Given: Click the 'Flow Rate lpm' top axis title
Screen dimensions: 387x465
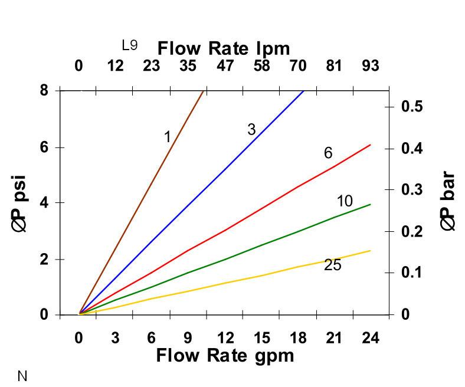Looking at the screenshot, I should click(x=224, y=48).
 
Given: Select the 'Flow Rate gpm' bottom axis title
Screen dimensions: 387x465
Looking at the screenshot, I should click(x=225, y=356).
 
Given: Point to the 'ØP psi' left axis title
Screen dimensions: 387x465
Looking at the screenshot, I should click(x=21, y=203).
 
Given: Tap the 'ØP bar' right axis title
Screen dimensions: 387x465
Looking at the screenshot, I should click(x=448, y=201).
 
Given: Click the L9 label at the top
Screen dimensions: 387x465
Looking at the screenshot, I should click(x=130, y=45).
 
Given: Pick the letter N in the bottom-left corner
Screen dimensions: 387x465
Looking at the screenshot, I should click(x=22, y=376).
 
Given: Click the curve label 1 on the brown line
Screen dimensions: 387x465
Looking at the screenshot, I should click(x=167, y=137).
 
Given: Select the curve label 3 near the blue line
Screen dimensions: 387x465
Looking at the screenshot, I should click(x=251, y=130).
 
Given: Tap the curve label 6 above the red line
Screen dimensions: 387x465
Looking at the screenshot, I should click(x=328, y=153).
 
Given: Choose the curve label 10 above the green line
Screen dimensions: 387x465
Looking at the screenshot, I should click(x=345, y=201).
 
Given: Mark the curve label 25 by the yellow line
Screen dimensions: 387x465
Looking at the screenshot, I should click(x=333, y=265).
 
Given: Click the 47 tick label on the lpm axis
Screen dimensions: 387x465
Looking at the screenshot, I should click(x=225, y=65).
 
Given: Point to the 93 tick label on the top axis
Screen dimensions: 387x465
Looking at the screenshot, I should click(x=370, y=65).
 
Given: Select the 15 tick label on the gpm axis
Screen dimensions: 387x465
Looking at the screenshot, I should click(x=261, y=338).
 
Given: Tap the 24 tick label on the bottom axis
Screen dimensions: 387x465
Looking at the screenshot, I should click(x=370, y=338).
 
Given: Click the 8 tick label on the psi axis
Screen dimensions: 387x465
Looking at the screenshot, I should click(x=44, y=91).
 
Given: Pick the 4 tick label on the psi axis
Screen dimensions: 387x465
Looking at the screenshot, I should click(x=44, y=203).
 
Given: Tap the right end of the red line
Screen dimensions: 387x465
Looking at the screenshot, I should click(x=370, y=145).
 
